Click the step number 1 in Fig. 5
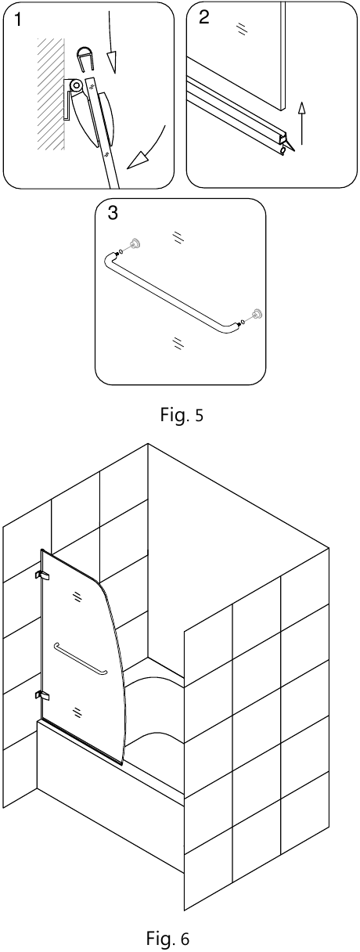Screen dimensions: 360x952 pos(17,20)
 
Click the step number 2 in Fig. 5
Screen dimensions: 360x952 pos(204,17)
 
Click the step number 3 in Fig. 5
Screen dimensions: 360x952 pos(113,212)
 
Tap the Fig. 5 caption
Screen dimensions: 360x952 pos(182,415)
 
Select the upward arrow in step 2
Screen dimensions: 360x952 pos(301,122)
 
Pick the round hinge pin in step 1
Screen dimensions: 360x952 pos(77,85)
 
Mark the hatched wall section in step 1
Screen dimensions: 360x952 pos(51,93)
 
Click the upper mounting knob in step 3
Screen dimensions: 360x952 pos(135,243)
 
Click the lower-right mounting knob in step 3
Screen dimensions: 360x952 pos(257,313)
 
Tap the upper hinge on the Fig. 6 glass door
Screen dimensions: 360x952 pos(42,575)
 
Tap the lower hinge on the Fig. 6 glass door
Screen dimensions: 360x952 pos(42,696)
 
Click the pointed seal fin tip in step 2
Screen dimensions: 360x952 pos(293,150)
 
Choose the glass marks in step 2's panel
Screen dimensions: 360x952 pos(241,28)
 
